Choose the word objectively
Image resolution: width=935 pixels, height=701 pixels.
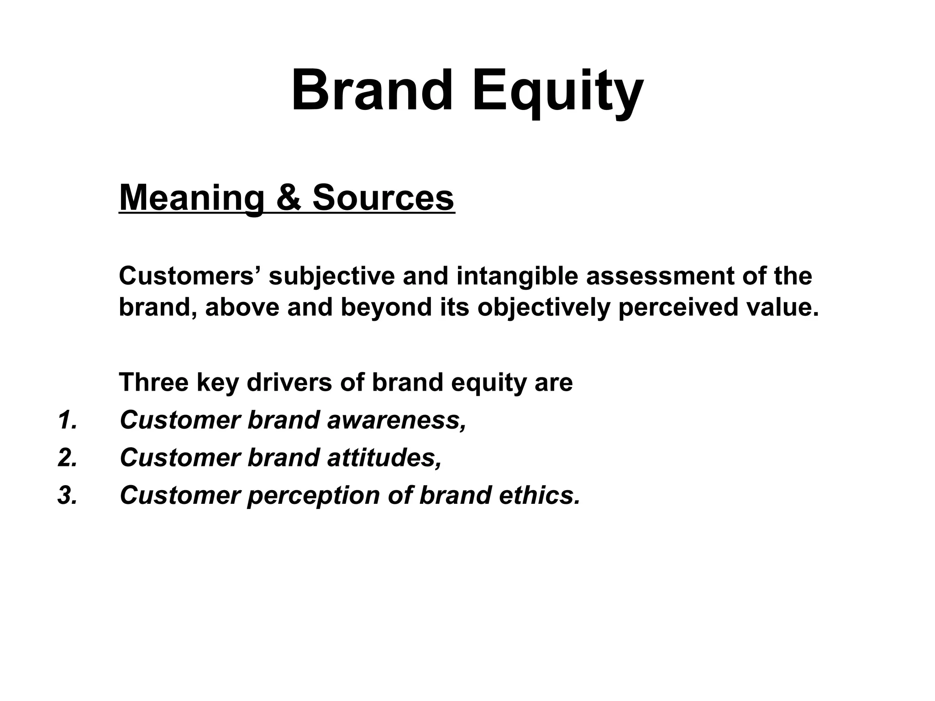point(544,307)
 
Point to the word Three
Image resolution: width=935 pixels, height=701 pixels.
point(153,382)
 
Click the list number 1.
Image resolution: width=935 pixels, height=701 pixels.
point(67,420)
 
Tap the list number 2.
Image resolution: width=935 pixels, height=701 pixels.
point(67,457)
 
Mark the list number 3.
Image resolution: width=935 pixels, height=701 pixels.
point(67,495)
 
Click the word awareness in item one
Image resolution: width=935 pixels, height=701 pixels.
point(396,420)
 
